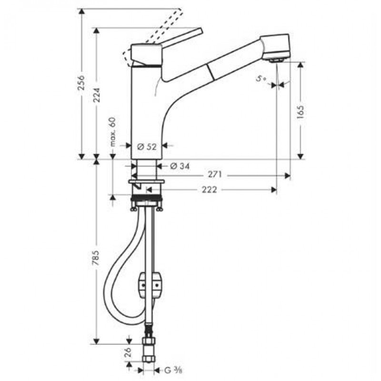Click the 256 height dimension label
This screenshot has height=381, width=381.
pyautogui.click(x=81, y=82)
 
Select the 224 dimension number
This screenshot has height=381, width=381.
pyautogui.click(x=97, y=95)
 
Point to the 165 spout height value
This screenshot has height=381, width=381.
pyautogui.click(x=301, y=112)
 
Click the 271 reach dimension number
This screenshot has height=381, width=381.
pyautogui.click(x=215, y=174)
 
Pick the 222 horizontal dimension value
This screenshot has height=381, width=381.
pyautogui.click(x=210, y=190)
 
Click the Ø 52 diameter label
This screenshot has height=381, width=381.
pyautogui.click(x=147, y=147)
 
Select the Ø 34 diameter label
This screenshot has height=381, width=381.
pyautogui.click(x=180, y=166)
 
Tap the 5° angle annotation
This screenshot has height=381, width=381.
pyautogui.click(x=261, y=79)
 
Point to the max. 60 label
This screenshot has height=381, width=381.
pyautogui.click(x=112, y=132)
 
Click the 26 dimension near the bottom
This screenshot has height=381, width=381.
pyautogui.click(x=128, y=352)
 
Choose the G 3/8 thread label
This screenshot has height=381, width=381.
pyautogui.click(x=173, y=371)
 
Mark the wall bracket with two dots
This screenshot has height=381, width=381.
pyautogui.click(x=150, y=284)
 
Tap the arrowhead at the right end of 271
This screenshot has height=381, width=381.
pyautogui.click(x=288, y=175)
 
